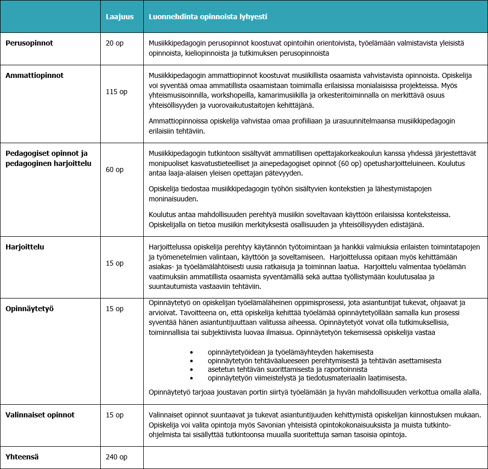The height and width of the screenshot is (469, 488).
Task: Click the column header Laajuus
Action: (x=119, y=17)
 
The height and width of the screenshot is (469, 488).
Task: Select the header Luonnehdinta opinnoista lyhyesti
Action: (x=208, y=17)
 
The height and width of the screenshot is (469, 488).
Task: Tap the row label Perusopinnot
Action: (x=29, y=43)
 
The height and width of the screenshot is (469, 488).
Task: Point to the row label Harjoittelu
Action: (x=25, y=247)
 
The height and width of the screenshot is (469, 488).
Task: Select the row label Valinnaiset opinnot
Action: (x=40, y=415)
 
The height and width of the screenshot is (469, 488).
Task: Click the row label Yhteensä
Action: (x=22, y=457)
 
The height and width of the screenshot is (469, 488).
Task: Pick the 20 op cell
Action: (x=114, y=43)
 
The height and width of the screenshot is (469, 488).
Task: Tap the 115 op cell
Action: (x=116, y=92)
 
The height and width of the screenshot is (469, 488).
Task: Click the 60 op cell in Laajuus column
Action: (x=114, y=169)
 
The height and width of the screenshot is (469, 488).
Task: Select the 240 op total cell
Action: (x=116, y=457)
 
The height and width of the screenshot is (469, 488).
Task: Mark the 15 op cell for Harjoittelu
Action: (x=114, y=263)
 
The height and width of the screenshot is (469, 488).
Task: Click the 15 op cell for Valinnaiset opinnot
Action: (x=114, y=415)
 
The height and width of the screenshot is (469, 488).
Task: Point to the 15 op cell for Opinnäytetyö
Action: (x=114, y=308)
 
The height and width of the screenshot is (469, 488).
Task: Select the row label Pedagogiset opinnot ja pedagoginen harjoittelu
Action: (x=47, y=157)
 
